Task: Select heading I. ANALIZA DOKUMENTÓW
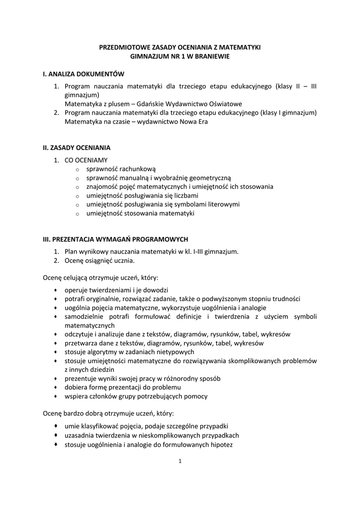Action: click(x=84, y=74)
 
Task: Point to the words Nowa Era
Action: click(x=196, y=122)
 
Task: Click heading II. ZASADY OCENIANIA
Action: click(x=77, y=148)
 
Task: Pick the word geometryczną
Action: click(x=209, y=178)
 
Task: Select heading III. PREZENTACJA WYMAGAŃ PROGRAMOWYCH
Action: click(x=116, y=239)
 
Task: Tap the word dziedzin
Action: click(x=102, y=370)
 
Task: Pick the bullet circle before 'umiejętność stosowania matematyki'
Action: click(x=78, y=214)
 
